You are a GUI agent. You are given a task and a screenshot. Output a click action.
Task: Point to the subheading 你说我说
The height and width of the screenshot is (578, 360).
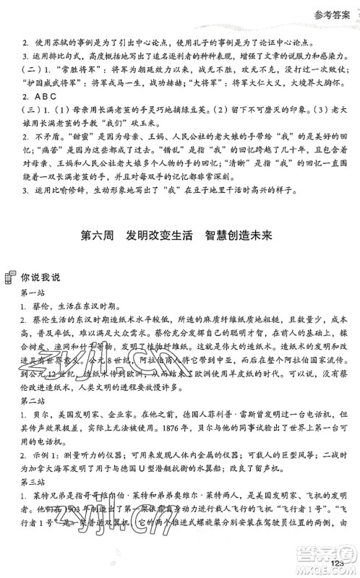point(42,276)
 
